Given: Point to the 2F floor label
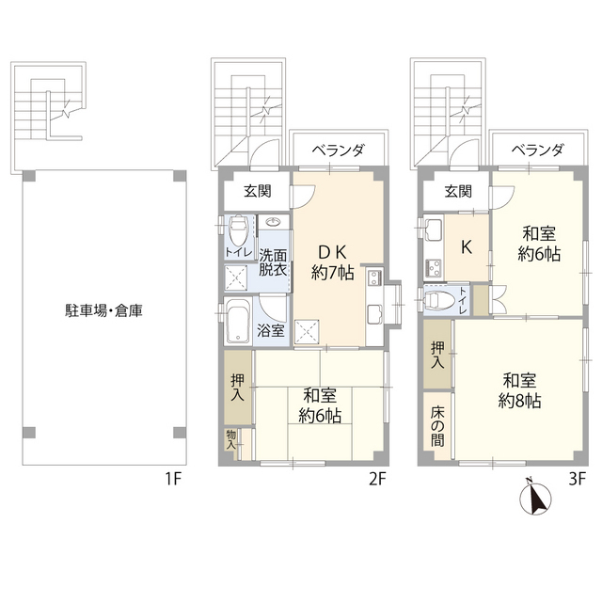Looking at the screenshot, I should click(x=377, y=479).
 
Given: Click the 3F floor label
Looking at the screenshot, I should click(x=577, y=479).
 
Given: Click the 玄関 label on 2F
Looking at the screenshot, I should click(x=257, y=192).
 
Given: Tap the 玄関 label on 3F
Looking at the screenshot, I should click(x=457, y=192).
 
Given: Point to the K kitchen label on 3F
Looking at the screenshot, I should click(x=465, y=247).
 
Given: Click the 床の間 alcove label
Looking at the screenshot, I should click(x=436, y=426).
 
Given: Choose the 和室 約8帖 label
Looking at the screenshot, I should click(x=518, y=389).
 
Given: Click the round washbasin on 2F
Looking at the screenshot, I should click(x=273, y=224).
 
